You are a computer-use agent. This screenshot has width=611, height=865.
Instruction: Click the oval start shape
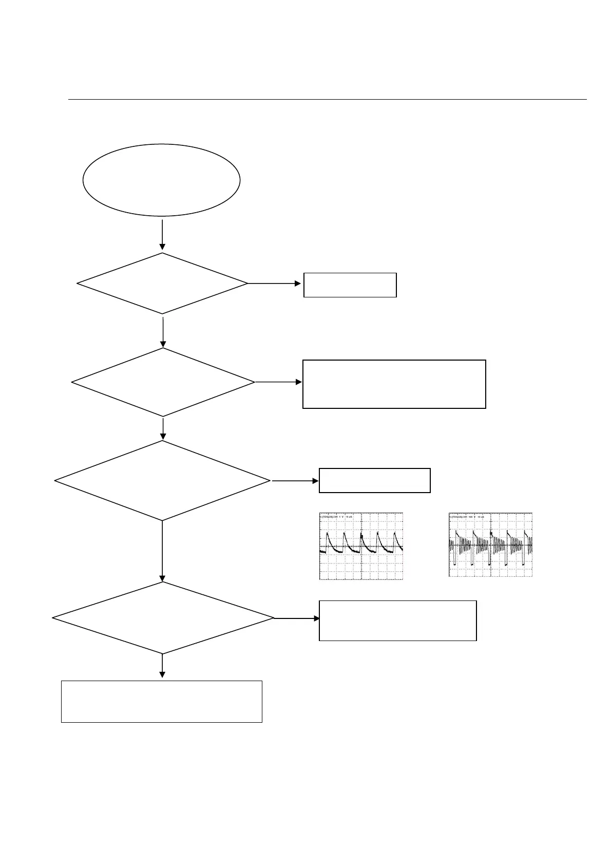pyautogui.click(x=161, y=180)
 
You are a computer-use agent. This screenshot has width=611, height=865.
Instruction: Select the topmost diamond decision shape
pyautogui.click(x=162, y=283)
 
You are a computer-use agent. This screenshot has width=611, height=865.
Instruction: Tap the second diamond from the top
pyautogui.click(x=163, y=382)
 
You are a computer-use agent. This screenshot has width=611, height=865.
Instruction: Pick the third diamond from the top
pyautogui.click(x=162, y=481)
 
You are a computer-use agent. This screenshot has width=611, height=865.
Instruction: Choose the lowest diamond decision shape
pyautogui.click(x=163, y=618)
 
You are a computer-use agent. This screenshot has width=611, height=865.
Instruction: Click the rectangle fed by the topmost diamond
pyautogui.click(x=350, y=285)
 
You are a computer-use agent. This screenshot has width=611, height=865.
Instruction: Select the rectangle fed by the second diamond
pyautogui.click(x=394, y=384)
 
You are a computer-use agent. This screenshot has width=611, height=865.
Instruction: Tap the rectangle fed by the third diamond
pyautogui.click(x=374, y=480)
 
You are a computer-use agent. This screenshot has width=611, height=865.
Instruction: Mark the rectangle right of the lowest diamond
pyautogui.click(x=397, y=620)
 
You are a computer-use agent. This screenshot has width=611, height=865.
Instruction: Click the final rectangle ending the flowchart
pyautogui.click(x=161, y=701)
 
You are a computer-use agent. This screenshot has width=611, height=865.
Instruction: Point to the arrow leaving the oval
pyautogui.click(x=162, y=235)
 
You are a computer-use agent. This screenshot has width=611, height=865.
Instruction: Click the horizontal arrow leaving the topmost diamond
pyautogui.click(x=275, y=283)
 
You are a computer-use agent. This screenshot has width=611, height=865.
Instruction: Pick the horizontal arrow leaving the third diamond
pyautogui.click(x=295, y=481)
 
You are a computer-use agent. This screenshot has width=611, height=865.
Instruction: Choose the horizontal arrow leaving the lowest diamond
pyautogui.click(x=297, y=618)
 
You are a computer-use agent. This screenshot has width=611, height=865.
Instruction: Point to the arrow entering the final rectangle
pyautogui.click(x=162, y=666)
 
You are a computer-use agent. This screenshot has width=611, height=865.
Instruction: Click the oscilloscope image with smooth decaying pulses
pyautogui.click(x=361, y=546)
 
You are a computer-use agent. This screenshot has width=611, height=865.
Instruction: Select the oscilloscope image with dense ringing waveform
pyautogui.click(x=490, y=544)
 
